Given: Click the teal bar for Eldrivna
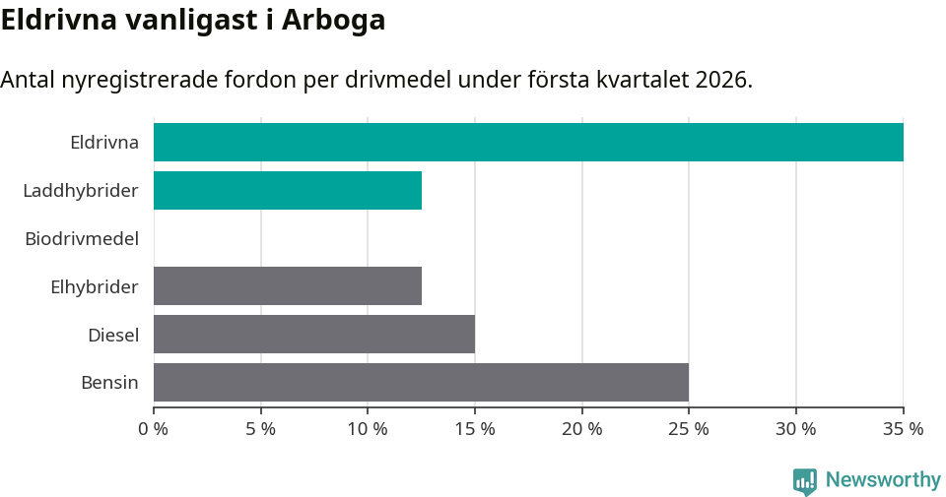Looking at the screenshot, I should pyautogui.click(x=528, y=142).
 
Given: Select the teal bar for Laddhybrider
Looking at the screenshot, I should pyautogui.click(x=288, y=190).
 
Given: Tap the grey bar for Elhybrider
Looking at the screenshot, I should pyautogui.click(x=288, y=286).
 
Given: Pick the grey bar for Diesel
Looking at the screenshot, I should pyautogui.click(x=314, y=335).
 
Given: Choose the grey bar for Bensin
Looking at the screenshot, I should pyautogui.click(x=421, y=383).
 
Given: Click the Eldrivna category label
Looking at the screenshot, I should pyautogui.click(x=104, y=142).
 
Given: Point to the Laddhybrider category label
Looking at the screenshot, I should pyautogui.click(x=81, y=190).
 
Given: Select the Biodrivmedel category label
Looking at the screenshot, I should pyautogui.click(x=82, y=238).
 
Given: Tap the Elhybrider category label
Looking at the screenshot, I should pyautogui.click(x=95, y=286).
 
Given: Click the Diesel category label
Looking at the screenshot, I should pyautogui.click(x=113, y=335).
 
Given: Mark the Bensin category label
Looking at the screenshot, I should pyautogui.click(x=109, y=383).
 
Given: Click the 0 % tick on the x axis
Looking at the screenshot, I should pyautogui.click(x=154, y=429).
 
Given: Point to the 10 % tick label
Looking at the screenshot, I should pyautogui.click(x=368, y=429).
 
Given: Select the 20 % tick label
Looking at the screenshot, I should pyautogui.click(x=582, y=429).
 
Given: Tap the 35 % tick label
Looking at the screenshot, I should pyautogui.click(x=903, y=429).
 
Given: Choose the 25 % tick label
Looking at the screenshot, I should pyautogui.click(x=689, y=429).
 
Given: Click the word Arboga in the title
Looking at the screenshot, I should pyautogui.click(x=333, y=21).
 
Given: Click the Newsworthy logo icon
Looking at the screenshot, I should pyautogui.click(x=805, y=480).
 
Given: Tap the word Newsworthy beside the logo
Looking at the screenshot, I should pyautogui.click(x=883, y=480).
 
